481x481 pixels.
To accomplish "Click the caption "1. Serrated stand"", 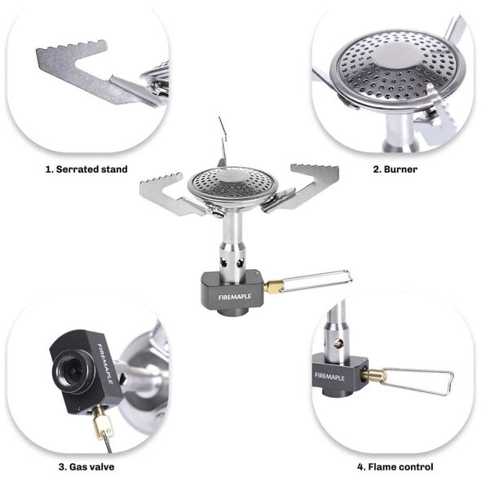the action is click(86, 170).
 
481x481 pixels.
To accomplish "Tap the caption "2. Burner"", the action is click(395, 170).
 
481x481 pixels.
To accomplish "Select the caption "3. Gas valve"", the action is click(86, 467).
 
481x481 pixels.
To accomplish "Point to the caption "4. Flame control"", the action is click(395, 467).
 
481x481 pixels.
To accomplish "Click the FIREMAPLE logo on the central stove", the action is click(235, 297).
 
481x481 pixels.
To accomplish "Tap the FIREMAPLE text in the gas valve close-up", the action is click(105, 364).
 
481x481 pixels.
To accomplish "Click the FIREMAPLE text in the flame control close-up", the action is click(329, 377).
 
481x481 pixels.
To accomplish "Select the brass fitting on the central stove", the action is click(273, 287).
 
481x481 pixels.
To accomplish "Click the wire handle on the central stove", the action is click(317, 280).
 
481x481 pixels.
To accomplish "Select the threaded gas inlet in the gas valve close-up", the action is click(72, 371).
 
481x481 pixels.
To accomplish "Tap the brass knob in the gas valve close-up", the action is click(102, 422).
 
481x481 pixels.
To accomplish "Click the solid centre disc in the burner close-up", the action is click(395, 56).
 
